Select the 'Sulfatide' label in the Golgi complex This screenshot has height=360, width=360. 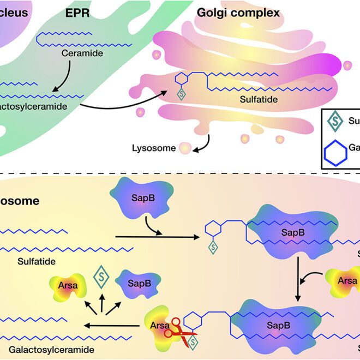point(259,100)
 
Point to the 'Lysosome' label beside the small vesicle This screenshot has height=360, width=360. point(154,148)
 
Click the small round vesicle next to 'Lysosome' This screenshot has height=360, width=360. point(186,148)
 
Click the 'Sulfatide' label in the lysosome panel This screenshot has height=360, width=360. point(37,261)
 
